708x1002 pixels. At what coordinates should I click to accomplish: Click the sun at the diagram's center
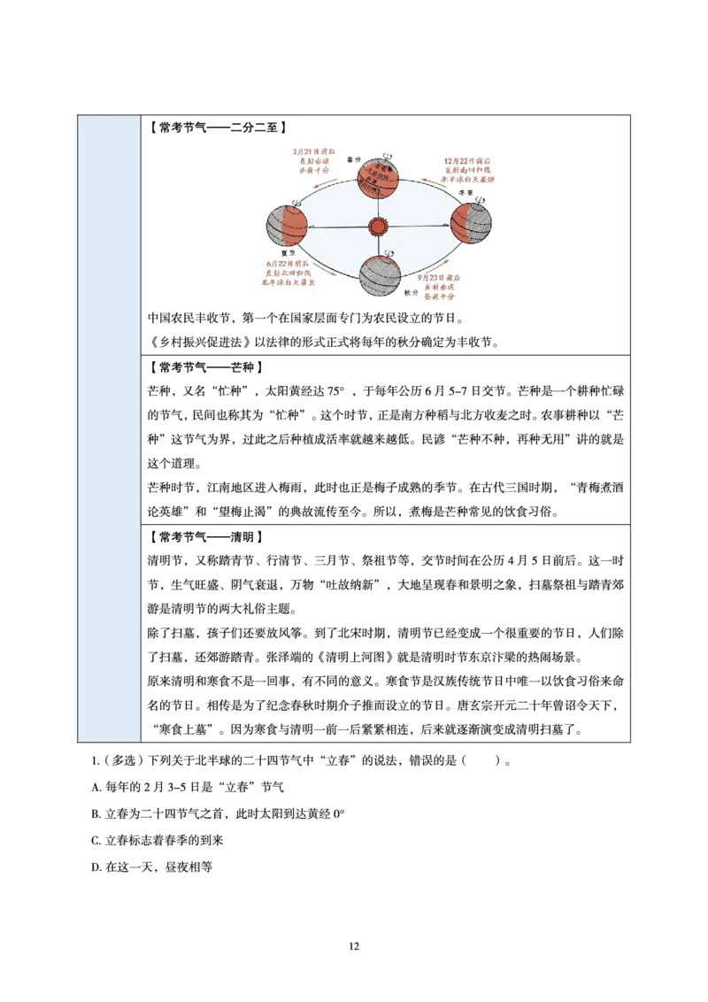click(377, 227)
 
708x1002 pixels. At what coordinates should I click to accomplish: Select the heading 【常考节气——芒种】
click(204, 366)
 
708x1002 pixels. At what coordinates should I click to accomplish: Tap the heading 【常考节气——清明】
click(204, 537)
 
